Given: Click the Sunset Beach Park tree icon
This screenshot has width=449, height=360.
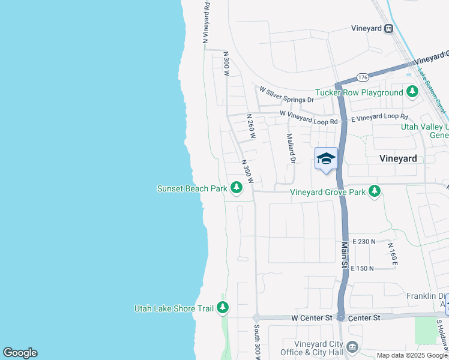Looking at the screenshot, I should [237, 188].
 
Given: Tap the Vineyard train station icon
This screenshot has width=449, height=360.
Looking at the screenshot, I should [389, 28].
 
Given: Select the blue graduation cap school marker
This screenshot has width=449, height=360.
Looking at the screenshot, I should [326, 158].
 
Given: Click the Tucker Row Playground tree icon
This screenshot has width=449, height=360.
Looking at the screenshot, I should [412, 92].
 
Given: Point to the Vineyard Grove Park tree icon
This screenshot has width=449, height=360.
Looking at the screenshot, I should [375, 192].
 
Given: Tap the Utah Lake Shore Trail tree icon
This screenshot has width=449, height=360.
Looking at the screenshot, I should [223, 308].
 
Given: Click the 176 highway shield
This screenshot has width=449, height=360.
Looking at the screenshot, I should [362, 77].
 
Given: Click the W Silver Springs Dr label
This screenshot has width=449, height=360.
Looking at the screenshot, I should [286, 94].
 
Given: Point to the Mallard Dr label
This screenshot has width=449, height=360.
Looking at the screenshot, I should [290, 148].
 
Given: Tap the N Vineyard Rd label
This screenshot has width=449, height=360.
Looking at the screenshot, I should [206, 22].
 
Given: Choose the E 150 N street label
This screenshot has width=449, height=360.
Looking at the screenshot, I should [362, 268].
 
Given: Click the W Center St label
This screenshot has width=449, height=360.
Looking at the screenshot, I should [312, 317].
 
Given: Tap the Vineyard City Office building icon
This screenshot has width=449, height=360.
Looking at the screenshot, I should [353, 346].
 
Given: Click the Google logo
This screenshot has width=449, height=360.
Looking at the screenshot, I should [20, 353].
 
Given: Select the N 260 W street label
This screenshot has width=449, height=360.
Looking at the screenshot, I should [251, 128].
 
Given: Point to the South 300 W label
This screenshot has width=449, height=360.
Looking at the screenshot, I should [256, 342].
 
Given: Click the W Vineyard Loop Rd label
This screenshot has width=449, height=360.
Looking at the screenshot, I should [309, 117].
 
